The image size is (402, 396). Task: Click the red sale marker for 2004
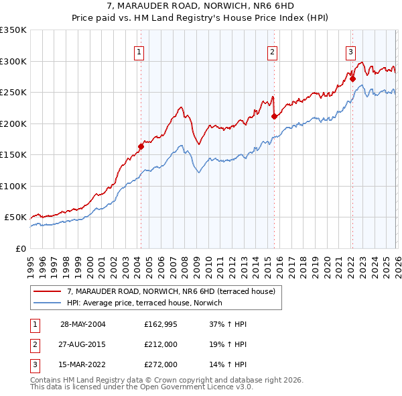pos(141,146)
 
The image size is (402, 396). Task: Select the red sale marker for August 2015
pos(274,116)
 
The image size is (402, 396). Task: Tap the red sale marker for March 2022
pos(352,79)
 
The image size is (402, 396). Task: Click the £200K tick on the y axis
pos(13,123)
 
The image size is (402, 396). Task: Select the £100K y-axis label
pos(13,186)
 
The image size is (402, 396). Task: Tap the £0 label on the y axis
pos(20,248)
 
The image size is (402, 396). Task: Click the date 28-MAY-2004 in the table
pos(82,324)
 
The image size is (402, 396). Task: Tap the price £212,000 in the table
pos(161,344)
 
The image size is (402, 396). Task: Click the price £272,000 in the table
pos(161,364)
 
